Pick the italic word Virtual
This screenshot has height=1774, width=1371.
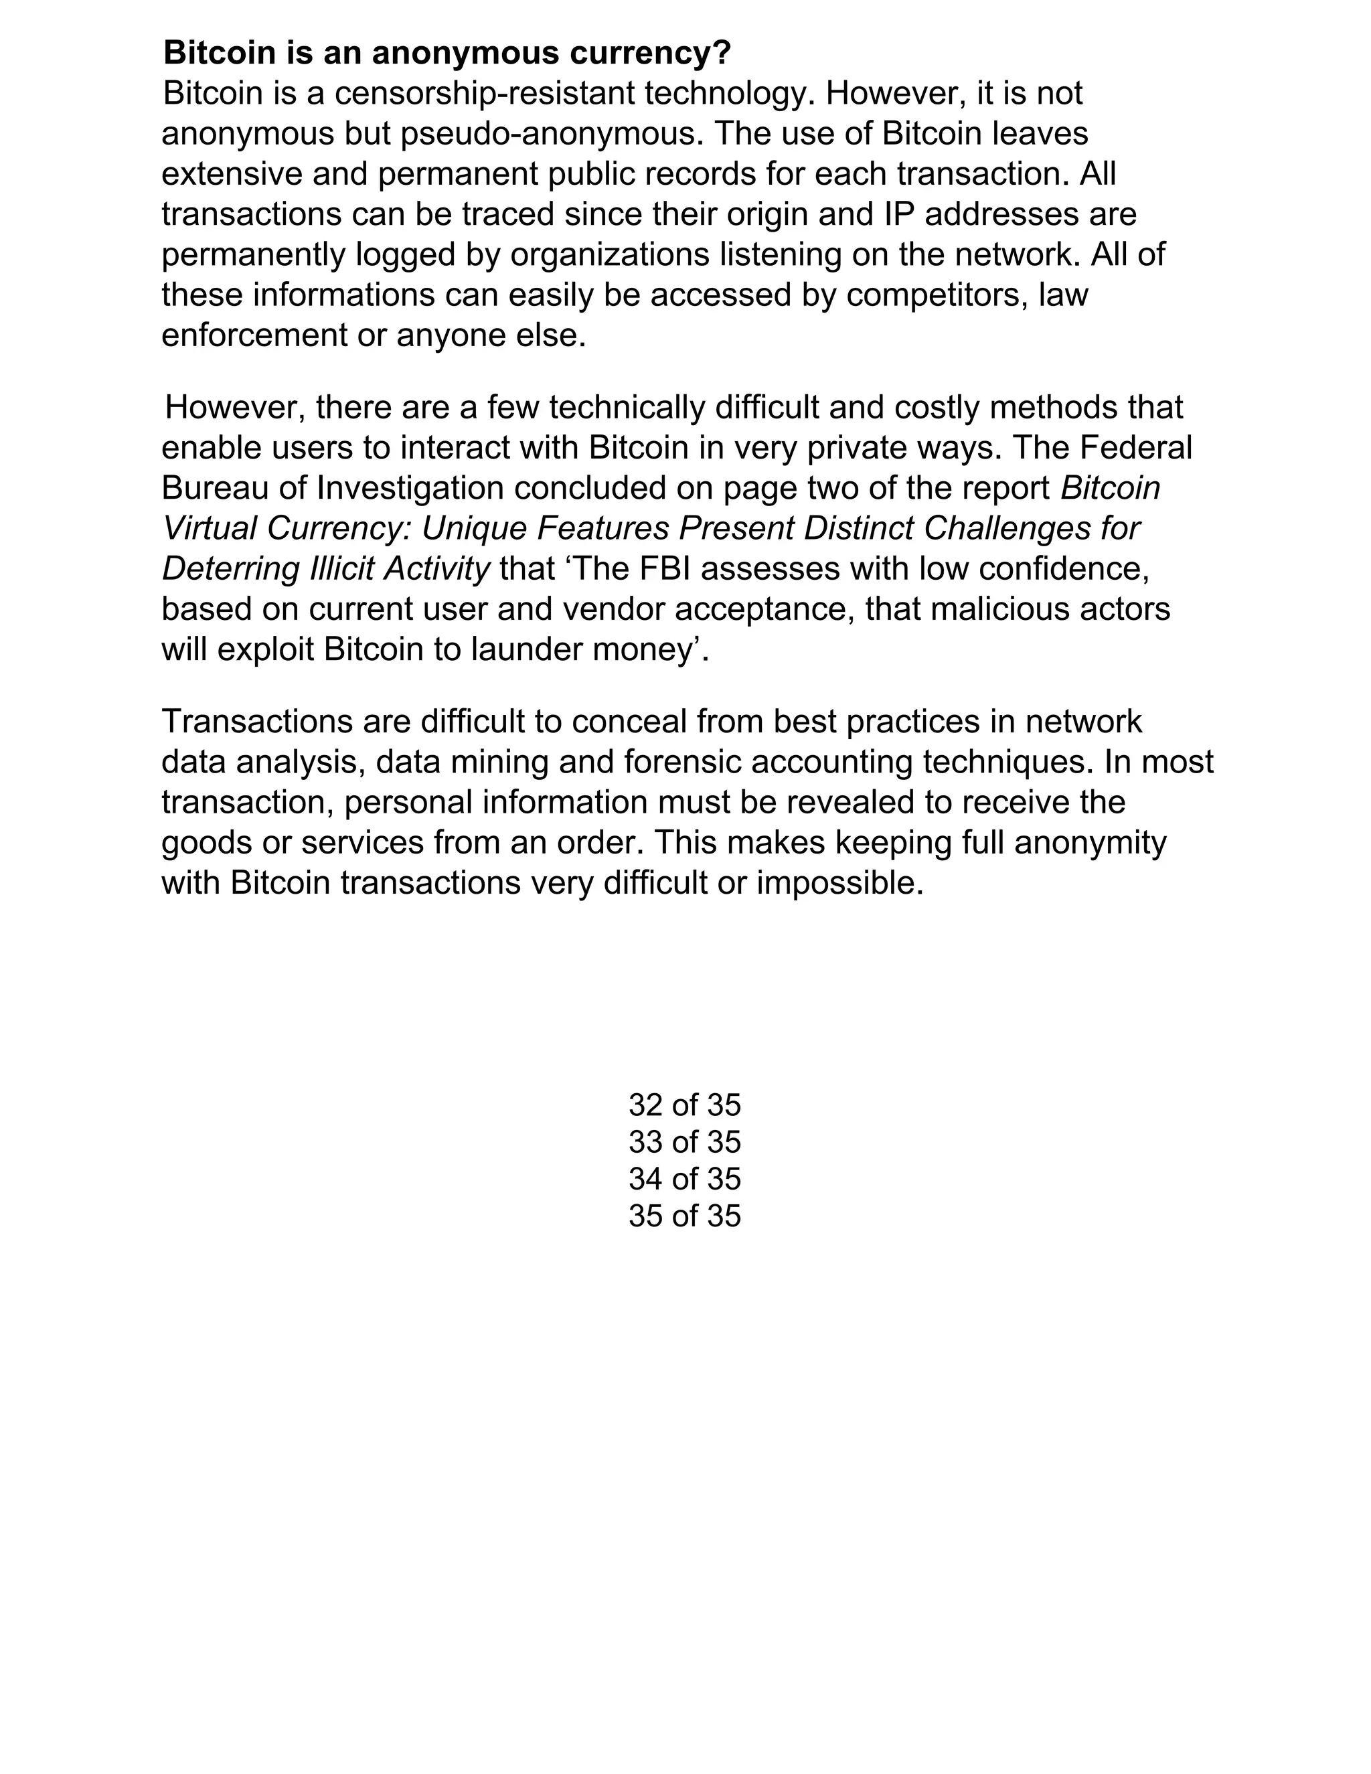point(209,529)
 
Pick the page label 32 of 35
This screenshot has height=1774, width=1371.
point(685,1105)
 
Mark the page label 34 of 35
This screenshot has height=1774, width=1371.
point(685,1180)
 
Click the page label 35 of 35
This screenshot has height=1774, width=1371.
point(685,1216)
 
